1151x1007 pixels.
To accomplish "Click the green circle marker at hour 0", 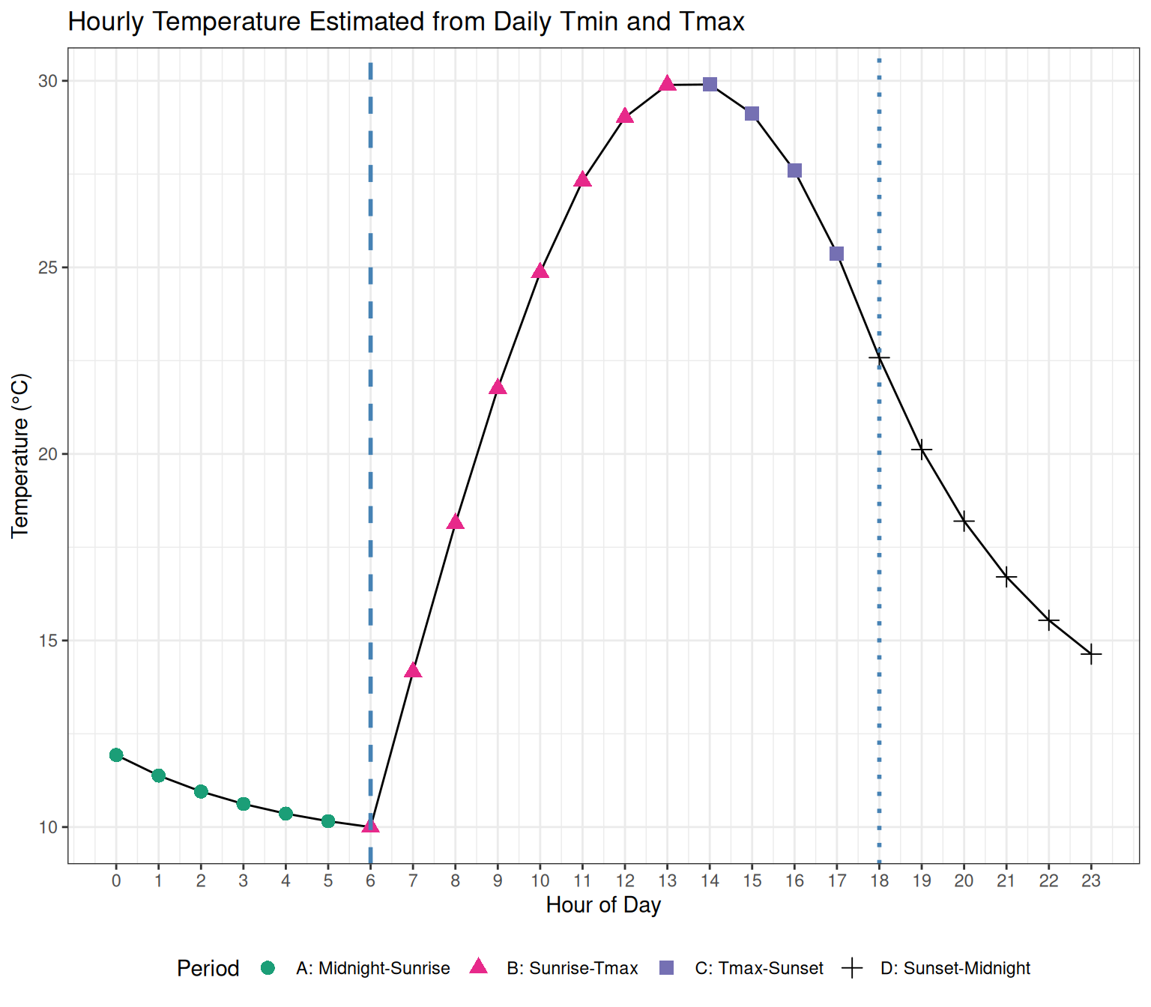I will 116,755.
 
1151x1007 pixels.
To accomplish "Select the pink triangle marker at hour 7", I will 413,671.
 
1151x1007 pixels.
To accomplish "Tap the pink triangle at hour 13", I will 668,84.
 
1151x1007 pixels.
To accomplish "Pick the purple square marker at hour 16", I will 795,171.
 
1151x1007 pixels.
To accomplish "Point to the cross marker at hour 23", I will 1092,654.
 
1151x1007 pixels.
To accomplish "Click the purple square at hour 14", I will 710,84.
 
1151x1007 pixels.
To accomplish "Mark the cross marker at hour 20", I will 964,521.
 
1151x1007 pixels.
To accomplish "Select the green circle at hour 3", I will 244,804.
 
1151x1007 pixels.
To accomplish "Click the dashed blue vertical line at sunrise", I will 371,450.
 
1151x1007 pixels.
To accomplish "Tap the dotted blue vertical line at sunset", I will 879,524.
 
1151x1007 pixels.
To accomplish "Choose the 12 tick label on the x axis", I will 626,880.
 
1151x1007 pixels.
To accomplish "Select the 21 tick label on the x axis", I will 1006,880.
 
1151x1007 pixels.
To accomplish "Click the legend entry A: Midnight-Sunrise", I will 372,968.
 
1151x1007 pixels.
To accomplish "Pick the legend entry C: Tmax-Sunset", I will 758,968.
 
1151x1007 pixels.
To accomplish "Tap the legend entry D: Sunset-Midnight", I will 955,968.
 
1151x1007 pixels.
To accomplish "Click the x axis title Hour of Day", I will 603,905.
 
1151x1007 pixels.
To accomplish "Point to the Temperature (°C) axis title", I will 20,456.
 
